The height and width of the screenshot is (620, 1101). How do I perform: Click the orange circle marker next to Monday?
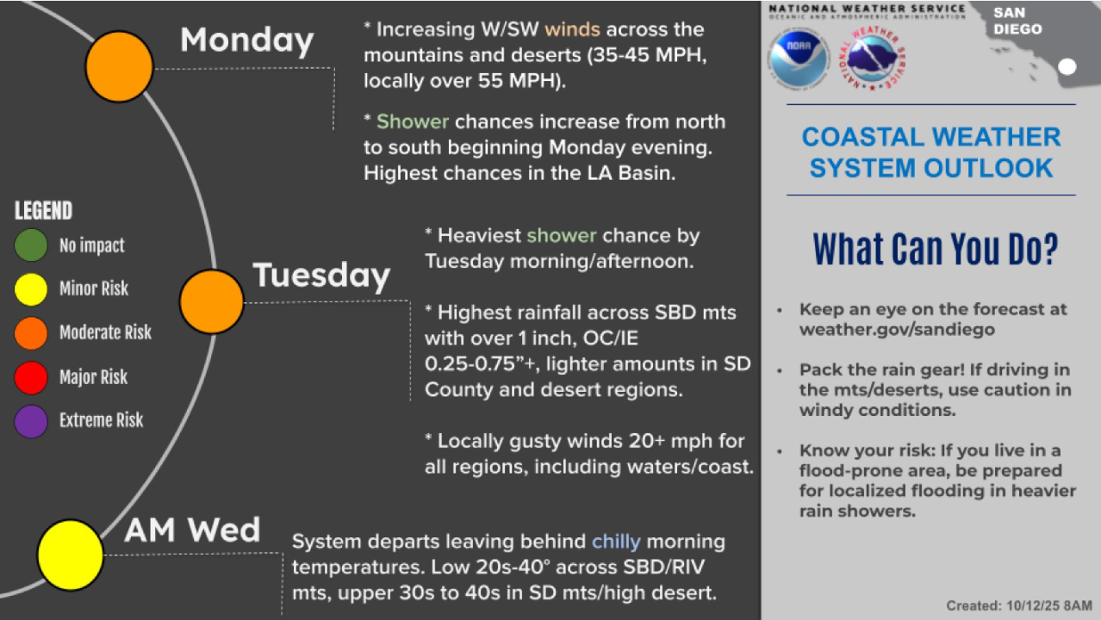click(120, 66)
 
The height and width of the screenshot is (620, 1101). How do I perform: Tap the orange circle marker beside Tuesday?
click(212, 301)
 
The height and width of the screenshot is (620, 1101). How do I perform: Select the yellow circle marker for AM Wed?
click(71, 555)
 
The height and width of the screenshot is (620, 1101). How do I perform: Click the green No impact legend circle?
click(31, 245)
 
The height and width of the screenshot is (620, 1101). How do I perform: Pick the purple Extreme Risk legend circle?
click(31, 421)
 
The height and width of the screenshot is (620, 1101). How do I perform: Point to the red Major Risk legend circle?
click(31, 377)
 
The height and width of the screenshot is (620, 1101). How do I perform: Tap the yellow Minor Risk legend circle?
click(31, 289)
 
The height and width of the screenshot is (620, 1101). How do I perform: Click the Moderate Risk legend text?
click(106, 332)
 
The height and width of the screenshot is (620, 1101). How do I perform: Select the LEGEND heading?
click(43, 211)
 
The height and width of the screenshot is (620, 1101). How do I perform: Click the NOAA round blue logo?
click(799, 59)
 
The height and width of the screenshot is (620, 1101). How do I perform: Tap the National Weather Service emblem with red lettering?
click(873, 58)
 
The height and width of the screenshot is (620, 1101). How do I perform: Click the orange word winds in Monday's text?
click(572, 29)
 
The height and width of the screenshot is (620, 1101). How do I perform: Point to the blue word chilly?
click(616, 542)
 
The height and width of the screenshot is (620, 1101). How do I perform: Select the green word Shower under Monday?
click(413, 121)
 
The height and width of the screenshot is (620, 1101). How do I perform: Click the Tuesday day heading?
click(321, 276)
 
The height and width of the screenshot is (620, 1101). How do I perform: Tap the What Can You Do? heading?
click(936, 249)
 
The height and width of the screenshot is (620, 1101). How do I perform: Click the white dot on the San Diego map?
click(1067, 67)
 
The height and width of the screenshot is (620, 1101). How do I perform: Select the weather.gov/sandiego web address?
click(897, 329)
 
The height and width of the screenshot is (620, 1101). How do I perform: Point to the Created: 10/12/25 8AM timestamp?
click(1019, 605)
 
